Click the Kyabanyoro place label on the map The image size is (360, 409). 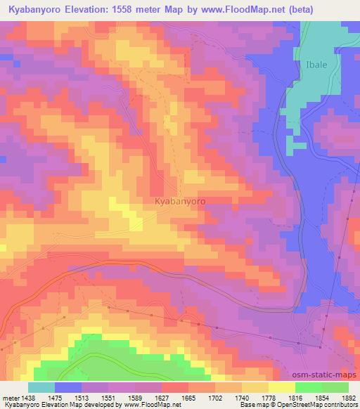tap(179, 201)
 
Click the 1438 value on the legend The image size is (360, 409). tap(28, 397)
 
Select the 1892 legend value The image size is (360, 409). tap(348, 397)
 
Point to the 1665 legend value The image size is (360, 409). tap(188, 397)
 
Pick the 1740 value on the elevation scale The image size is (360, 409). tap(242, 397)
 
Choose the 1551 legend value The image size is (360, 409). tap(108, 397)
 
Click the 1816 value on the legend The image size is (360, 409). tap(295, 397)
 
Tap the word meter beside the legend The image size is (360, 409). tap(10, 397)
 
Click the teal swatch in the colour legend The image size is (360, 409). tap(41, 387)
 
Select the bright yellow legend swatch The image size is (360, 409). tap(281, 387)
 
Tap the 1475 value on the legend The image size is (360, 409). tap(55, 397)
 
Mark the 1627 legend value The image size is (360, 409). tap(162, 397)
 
